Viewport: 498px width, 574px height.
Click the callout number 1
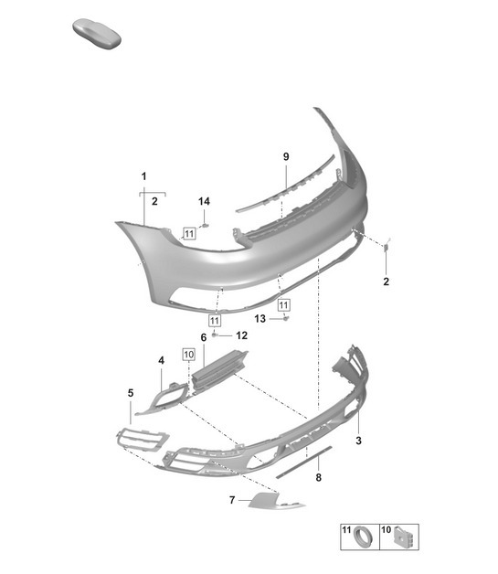(x=143, y=175)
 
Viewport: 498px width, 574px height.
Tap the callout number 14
(x=204, y=201)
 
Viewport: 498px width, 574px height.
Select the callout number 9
(x=285, y=157)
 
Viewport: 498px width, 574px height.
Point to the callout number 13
(x=260, y=318)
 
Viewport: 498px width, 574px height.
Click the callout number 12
(x=241, y=335)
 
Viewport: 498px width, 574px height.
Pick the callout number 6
(x=204, y=337)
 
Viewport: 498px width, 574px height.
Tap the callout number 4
(x=161, y=361)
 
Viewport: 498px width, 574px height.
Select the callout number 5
(x=130, y=393)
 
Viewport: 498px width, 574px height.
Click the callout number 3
(x=359, y=441)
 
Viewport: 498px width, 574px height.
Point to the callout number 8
(x=318, y=477)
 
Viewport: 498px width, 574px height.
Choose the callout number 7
(x=232, y=500)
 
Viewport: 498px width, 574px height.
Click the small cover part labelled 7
(x=269, y=499)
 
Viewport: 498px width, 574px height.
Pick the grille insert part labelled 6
(x=219, y=370)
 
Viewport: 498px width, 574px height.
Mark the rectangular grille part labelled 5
(x=141, y=439)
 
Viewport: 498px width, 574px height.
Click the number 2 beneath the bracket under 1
(x=154, y=200)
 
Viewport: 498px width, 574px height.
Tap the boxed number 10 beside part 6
(x=189, y=352)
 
